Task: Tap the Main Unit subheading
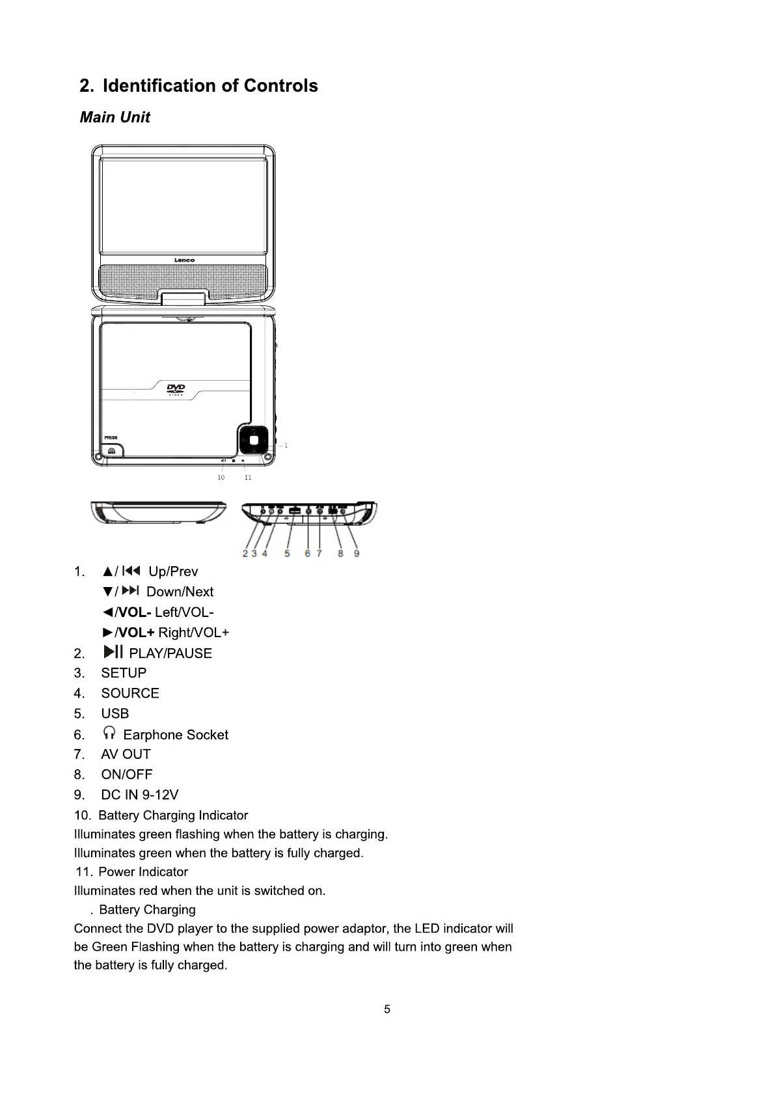pyautogui.click(x=115, y=117)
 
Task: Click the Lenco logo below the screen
pyautogui.click(x=184, y=260)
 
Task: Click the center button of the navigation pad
pyautogui.click(x=253, y=440)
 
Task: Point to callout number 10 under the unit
pyautogui.click(x=221, y=478)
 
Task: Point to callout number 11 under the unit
pyautogui.click(x=248, y=478)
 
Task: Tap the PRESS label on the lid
pyautogui.click(x=111, y=437)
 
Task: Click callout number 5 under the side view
pyautogui.click(x=287, y=554)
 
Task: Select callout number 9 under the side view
pyautogui.click(x=357, y=554)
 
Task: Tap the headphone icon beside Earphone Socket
pyautogui.click(x=109, y=734)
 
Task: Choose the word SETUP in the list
pyautogui.click(x=124, y=673)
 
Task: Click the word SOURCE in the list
pyautogui.click(x=130, y=693)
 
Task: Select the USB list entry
pyautogui.click(x=115, y=713)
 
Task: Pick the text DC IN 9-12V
pyautogui.click(x=139, y=795)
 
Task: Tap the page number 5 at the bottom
pyautogui.click(x=387, y=1009)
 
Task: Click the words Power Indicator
pyautogui.click(x=143, y=871)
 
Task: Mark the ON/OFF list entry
pyautogui.click(x=127, y=774)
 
